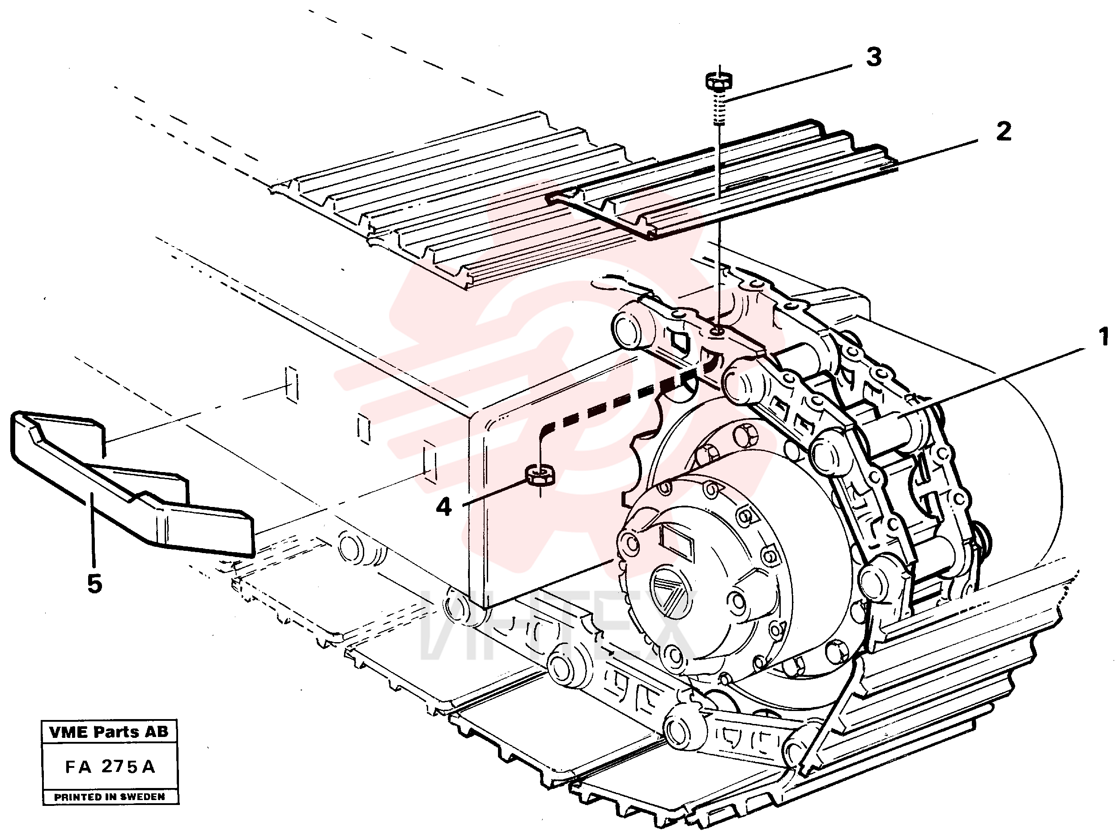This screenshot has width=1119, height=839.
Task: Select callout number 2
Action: pyautogui.click(x=1004, y=131)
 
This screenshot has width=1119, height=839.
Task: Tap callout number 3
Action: pyautogui.click(x=874, y=57)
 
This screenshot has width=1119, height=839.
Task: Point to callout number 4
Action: pyautogui.click(x=444, y=507)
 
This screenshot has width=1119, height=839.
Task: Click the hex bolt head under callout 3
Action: pyautogui.click(x=719, y=81)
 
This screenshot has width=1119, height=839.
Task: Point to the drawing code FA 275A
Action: pyautogui.click(x=110, y=767)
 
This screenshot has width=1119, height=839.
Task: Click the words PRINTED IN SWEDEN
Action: pyautogui.click(x=110, y=797)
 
